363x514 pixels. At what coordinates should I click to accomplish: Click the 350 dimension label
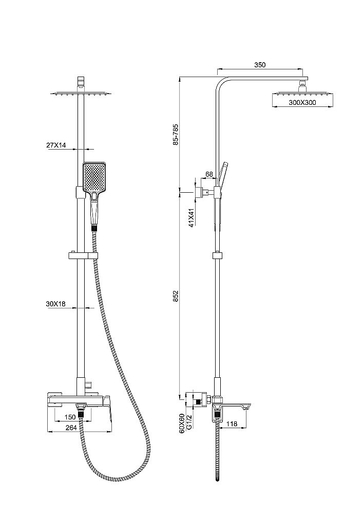pos(260,65)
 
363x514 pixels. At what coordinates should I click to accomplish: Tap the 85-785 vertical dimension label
pos(176,135)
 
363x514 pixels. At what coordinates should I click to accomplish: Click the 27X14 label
pos(56,145)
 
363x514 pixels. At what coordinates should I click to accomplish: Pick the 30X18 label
pos(56,304)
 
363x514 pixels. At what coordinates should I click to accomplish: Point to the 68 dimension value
pos(209,175)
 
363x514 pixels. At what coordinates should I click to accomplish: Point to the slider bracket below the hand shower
pos(82,255)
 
